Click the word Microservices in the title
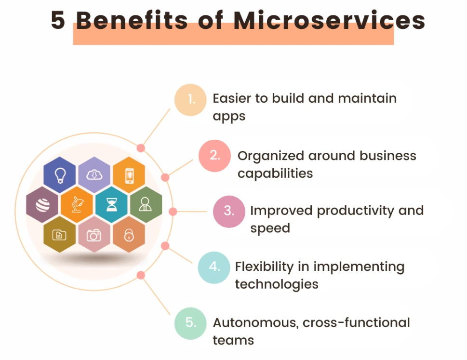(329, 20)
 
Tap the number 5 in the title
(59, 21)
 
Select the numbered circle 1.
(190, 100)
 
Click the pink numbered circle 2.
(215, 156)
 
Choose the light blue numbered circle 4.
(214, 267)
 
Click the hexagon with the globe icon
(42, 205)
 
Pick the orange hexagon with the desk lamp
(77, 205)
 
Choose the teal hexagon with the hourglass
(112, 205)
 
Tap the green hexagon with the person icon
(146, 205)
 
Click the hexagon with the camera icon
(94, 235)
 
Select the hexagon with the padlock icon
(129, 235)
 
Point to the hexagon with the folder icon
(60, 235)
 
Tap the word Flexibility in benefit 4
(265, 267)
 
